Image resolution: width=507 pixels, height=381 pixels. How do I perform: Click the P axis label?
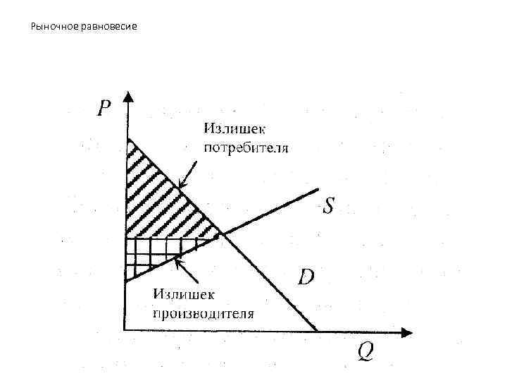(x=104, y=108)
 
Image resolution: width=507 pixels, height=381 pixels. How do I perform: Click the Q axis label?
(x=365, y=350)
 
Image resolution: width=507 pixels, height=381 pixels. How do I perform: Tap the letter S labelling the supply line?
(x=329, y=207)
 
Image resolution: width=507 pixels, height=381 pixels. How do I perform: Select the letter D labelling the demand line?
(x=306, y=276)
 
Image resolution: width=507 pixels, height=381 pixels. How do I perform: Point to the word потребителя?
(x=246, y=149)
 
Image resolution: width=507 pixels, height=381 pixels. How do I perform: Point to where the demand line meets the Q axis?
(x=317, y=330)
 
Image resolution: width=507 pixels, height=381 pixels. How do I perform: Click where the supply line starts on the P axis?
(x=125, y=282)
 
